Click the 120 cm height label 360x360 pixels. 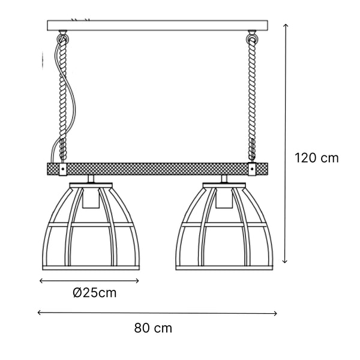[317, 158]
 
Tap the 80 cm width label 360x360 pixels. [153, 328]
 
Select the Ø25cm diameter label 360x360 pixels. [94, 293]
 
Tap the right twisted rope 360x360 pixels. [251, 102]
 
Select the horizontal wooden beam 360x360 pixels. [156, 169]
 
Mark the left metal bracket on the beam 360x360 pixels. [62, 169]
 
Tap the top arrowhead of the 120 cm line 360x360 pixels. [286, 26]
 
